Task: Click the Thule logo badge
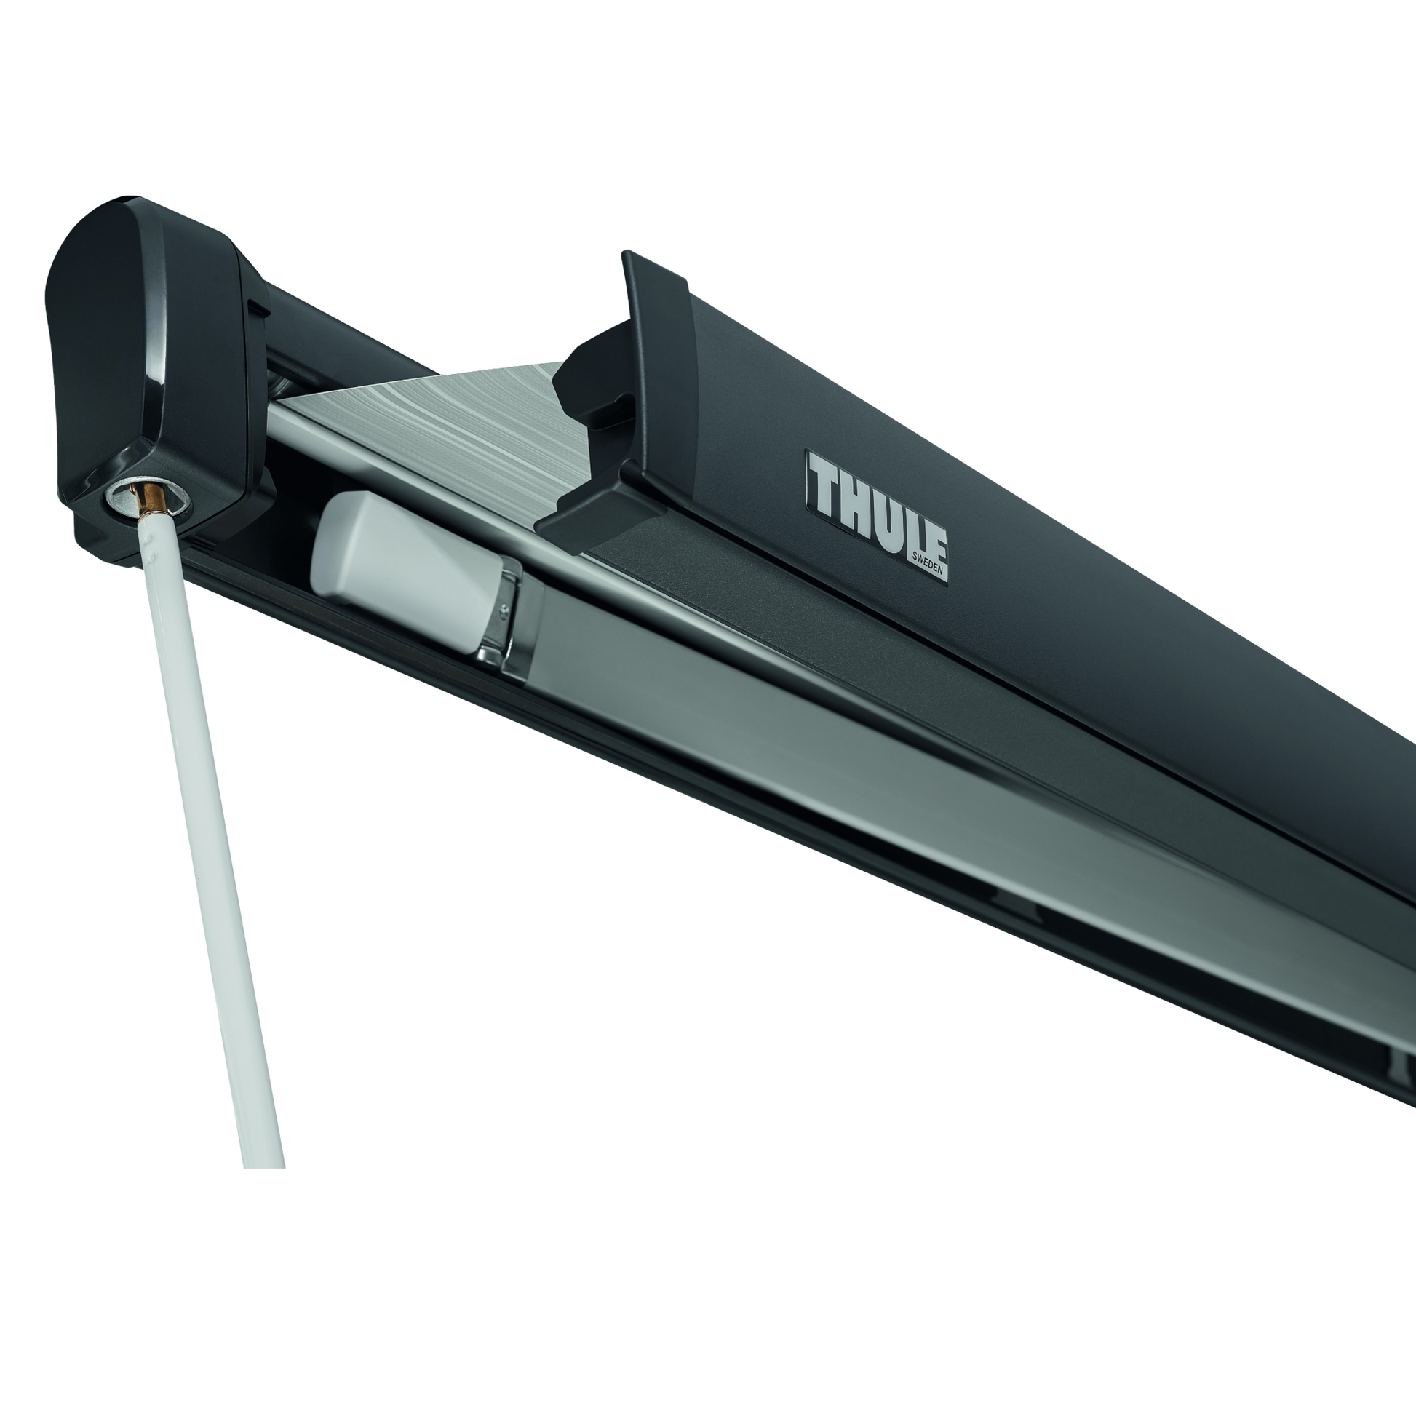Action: [x=877, y=515]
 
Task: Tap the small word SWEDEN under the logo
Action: [x=928, y=565]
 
